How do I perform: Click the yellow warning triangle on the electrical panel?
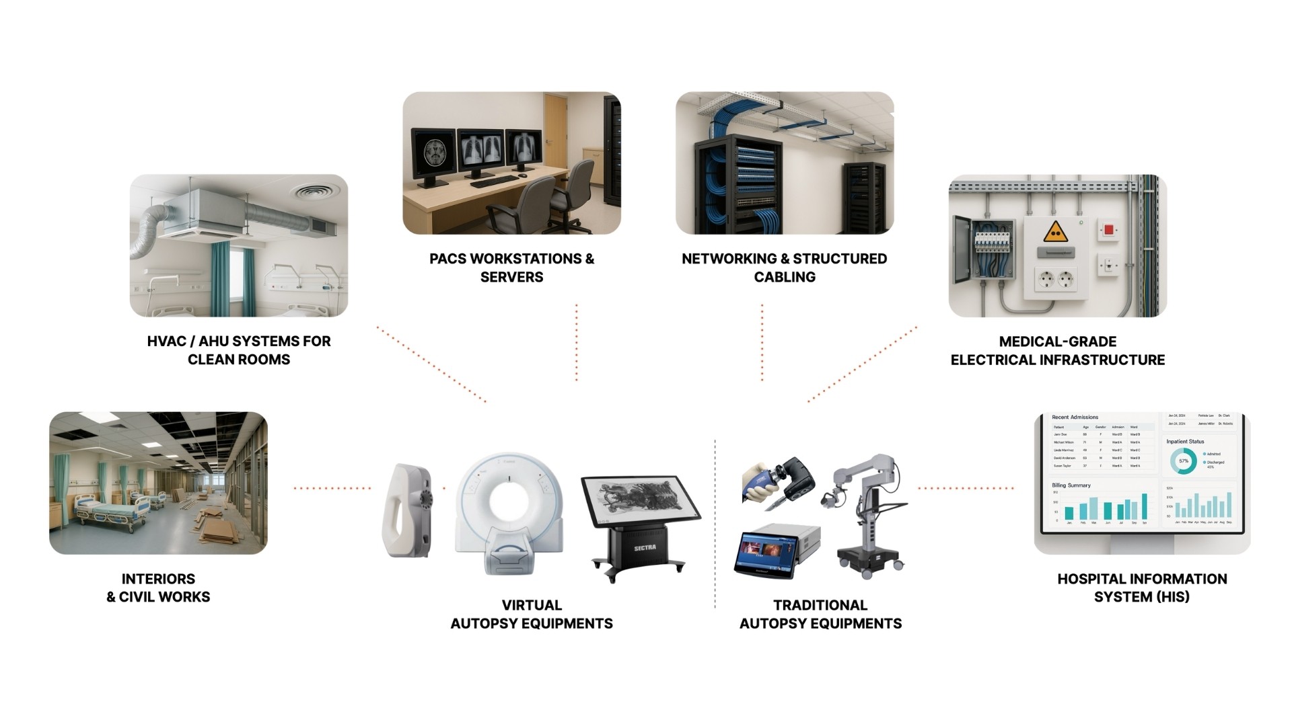(1055, 232)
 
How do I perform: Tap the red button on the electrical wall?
(1108, 230)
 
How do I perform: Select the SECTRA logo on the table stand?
(644, 548)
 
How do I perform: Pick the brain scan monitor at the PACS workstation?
(433, 153)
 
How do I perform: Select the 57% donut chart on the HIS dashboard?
(1183, 461)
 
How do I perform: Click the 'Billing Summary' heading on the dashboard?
(1071, 485)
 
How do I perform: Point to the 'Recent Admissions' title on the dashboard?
(1075, 417)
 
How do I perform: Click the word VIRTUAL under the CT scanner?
(532, 605)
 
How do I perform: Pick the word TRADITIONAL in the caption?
(820, 605)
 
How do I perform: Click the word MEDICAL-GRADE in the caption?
(1057, 341)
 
